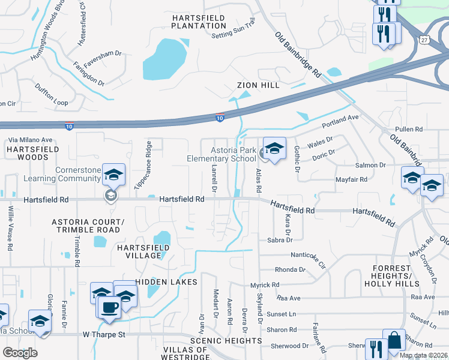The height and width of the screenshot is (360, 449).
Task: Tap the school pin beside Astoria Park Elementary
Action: [274, 148]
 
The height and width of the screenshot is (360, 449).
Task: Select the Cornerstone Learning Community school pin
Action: [113, 175]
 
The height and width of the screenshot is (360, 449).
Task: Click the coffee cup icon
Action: [109, 307]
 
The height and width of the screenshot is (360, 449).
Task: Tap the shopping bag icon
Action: [394, 341]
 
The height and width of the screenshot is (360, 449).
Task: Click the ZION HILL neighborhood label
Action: [258, 85]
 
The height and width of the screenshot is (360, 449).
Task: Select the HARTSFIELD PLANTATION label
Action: [199, 22]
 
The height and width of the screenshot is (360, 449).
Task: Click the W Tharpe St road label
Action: [103, 334]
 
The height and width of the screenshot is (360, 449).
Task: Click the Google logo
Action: [20, 353]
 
